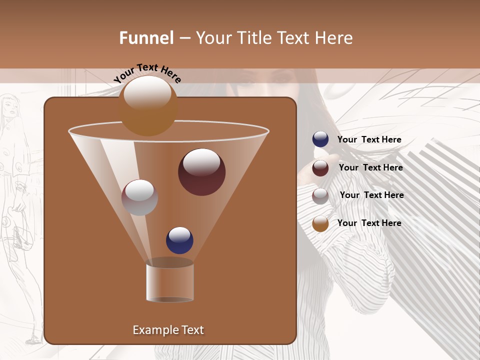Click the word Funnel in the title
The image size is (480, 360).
(146, 38)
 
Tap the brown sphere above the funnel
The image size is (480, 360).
(148, 105)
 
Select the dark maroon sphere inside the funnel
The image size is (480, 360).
(201, 171)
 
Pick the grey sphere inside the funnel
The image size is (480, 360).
(139, 197)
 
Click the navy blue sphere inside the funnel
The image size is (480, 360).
(179, 240)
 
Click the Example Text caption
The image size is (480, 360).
(168, 330)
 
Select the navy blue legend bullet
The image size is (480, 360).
(320, 139)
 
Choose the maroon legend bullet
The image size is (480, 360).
(320, 168)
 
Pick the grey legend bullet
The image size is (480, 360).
(320, 195)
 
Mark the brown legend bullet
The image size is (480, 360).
(320, 223)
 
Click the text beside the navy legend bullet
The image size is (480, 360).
(369, 140)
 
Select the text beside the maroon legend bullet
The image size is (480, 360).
(370, 168)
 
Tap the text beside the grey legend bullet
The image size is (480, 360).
(371, 195)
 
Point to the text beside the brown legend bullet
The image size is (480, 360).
(369, 223)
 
